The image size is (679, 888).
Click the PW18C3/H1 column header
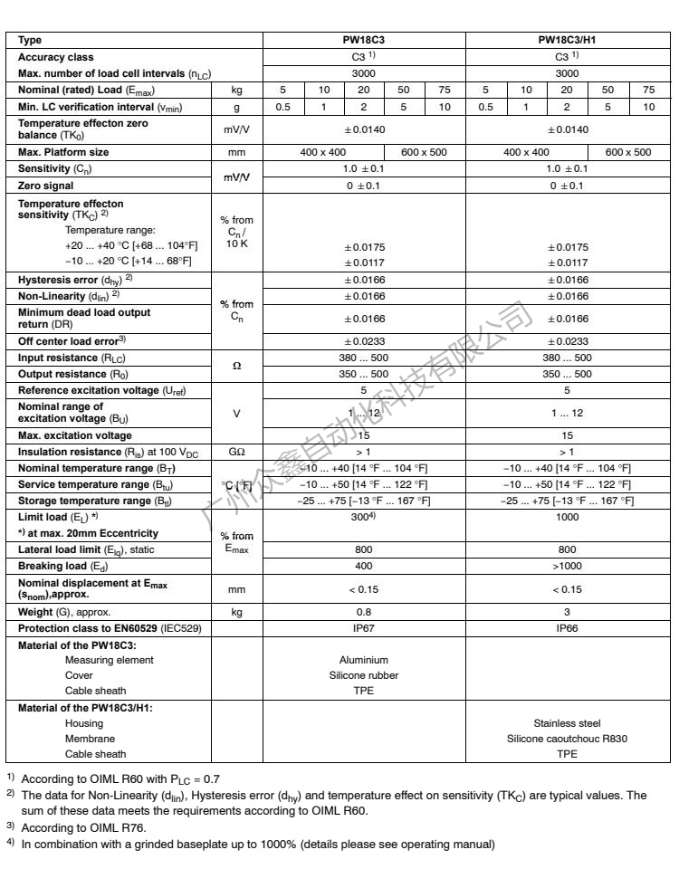tap(567, 41)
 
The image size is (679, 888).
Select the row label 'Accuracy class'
tap(56, 57)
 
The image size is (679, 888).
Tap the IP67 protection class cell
tap(364, 627)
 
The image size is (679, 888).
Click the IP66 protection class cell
tap(567, 627)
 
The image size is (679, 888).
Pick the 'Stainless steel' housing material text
tap(567, 723)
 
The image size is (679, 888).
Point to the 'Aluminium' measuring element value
tap(364, 660)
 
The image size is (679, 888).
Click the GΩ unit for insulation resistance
tap(236, 451)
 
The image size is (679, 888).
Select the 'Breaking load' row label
tap(53, 566)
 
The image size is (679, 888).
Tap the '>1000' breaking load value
tap(567, 566)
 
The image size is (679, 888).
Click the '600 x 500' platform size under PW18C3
tap(425, 152)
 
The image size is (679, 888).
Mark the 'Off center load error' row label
tap(72, 341)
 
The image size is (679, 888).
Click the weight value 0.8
tap(364, 612)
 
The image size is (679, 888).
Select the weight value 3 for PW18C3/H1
tap(567, 612)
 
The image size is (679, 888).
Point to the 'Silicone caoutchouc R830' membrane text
tap(567, 739)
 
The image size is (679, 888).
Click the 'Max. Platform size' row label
tap(63, 152)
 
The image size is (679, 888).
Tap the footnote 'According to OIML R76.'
tap(83, 826)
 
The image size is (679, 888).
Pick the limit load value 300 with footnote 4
tap(363, 515)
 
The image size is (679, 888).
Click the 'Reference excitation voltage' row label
tap(101, 390)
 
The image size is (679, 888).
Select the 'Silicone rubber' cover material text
tap(364, 675)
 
